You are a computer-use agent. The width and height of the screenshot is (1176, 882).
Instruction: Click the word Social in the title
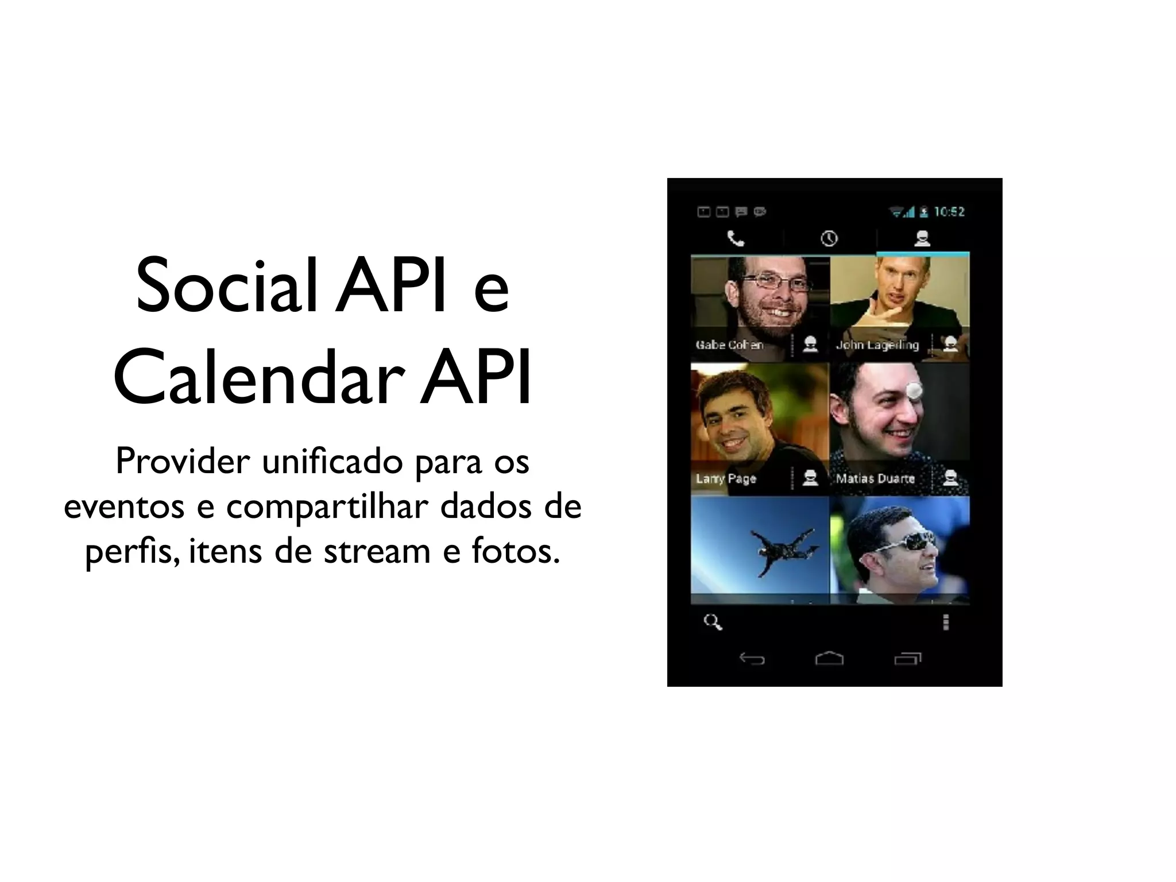(226, 287)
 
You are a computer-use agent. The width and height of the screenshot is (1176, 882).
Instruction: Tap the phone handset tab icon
(736, 238)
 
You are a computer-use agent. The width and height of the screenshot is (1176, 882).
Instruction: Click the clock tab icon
(829, 238)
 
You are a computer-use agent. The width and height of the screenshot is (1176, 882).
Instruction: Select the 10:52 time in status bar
(949, 212)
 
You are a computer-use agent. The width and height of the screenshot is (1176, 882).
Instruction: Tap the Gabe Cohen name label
(729, 345)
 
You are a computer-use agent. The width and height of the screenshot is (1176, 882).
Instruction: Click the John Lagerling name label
(877, 345)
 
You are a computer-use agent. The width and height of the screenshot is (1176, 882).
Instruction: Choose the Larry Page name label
(726, 478)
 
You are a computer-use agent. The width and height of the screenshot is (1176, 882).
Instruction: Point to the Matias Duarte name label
(875, 478)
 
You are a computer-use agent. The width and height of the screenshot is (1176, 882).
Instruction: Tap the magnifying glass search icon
(713, 622)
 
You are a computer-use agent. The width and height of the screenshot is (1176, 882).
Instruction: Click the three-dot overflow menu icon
(946, 622)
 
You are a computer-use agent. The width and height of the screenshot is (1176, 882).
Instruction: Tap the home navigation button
(829, 658)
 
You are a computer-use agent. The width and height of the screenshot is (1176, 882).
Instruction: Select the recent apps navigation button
(907, 658)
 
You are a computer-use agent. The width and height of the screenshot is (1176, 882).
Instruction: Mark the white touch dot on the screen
(913, 391)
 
